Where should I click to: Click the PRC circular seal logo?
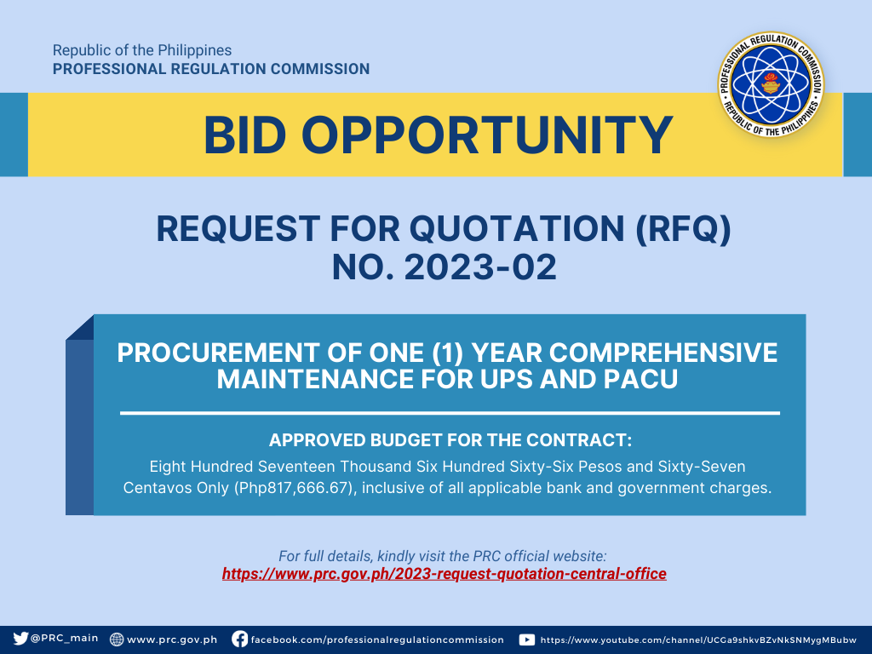tap(771, 84)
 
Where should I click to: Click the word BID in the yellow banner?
tap(244, 135)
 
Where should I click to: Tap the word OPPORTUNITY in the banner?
tap(487, 135)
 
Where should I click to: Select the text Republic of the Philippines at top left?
tap(142, 50)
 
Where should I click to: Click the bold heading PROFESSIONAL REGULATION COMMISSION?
tap(211, 69)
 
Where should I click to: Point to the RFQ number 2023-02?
tap(480, 267)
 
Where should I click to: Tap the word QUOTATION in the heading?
tap(517, 229)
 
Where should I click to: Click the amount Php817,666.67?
tap(295, 488)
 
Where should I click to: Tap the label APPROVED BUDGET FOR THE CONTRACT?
tap(450, 440)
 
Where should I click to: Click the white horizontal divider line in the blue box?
tap(450, 413)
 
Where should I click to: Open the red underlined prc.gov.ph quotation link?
tap(445, 573)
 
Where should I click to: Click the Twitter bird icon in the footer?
tap(20, 639)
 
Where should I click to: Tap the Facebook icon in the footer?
tap(239, 639)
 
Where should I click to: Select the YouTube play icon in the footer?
tap(526, 640)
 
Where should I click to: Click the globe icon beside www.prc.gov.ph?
tap(116, 639)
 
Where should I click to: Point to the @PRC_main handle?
tap(64, 639)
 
